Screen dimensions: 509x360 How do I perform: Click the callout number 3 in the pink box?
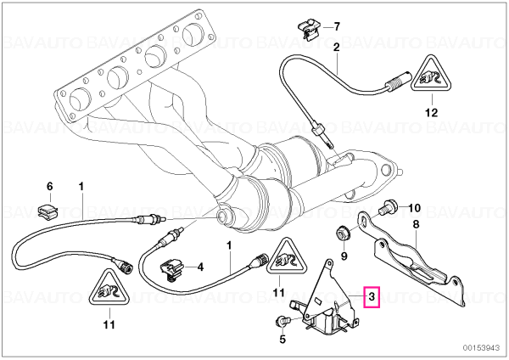tap(372, 296)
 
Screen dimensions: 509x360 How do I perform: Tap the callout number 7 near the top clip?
tap(337, 26)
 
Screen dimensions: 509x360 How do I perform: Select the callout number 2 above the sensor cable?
tap(336, 48)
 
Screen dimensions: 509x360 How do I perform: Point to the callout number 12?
tap(432, 112)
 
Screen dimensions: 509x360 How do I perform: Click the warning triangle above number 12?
tap(432, 75)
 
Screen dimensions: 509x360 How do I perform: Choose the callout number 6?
tap(49, 187)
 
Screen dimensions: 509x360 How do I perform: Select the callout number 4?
tap(200, 267)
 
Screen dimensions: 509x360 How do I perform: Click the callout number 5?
tap(282, 340)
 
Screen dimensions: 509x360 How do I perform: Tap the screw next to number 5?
tap(282, 322)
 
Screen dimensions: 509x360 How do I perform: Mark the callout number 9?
tap(344, 256)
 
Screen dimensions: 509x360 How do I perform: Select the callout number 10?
tap(414, 208)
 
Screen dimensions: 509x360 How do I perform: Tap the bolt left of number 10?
tap(387, 207)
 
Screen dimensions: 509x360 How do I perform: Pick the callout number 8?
tap(416, 224)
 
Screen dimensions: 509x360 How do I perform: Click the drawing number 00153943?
tap(481, 347)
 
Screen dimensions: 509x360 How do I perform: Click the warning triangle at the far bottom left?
tap(109, 288)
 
